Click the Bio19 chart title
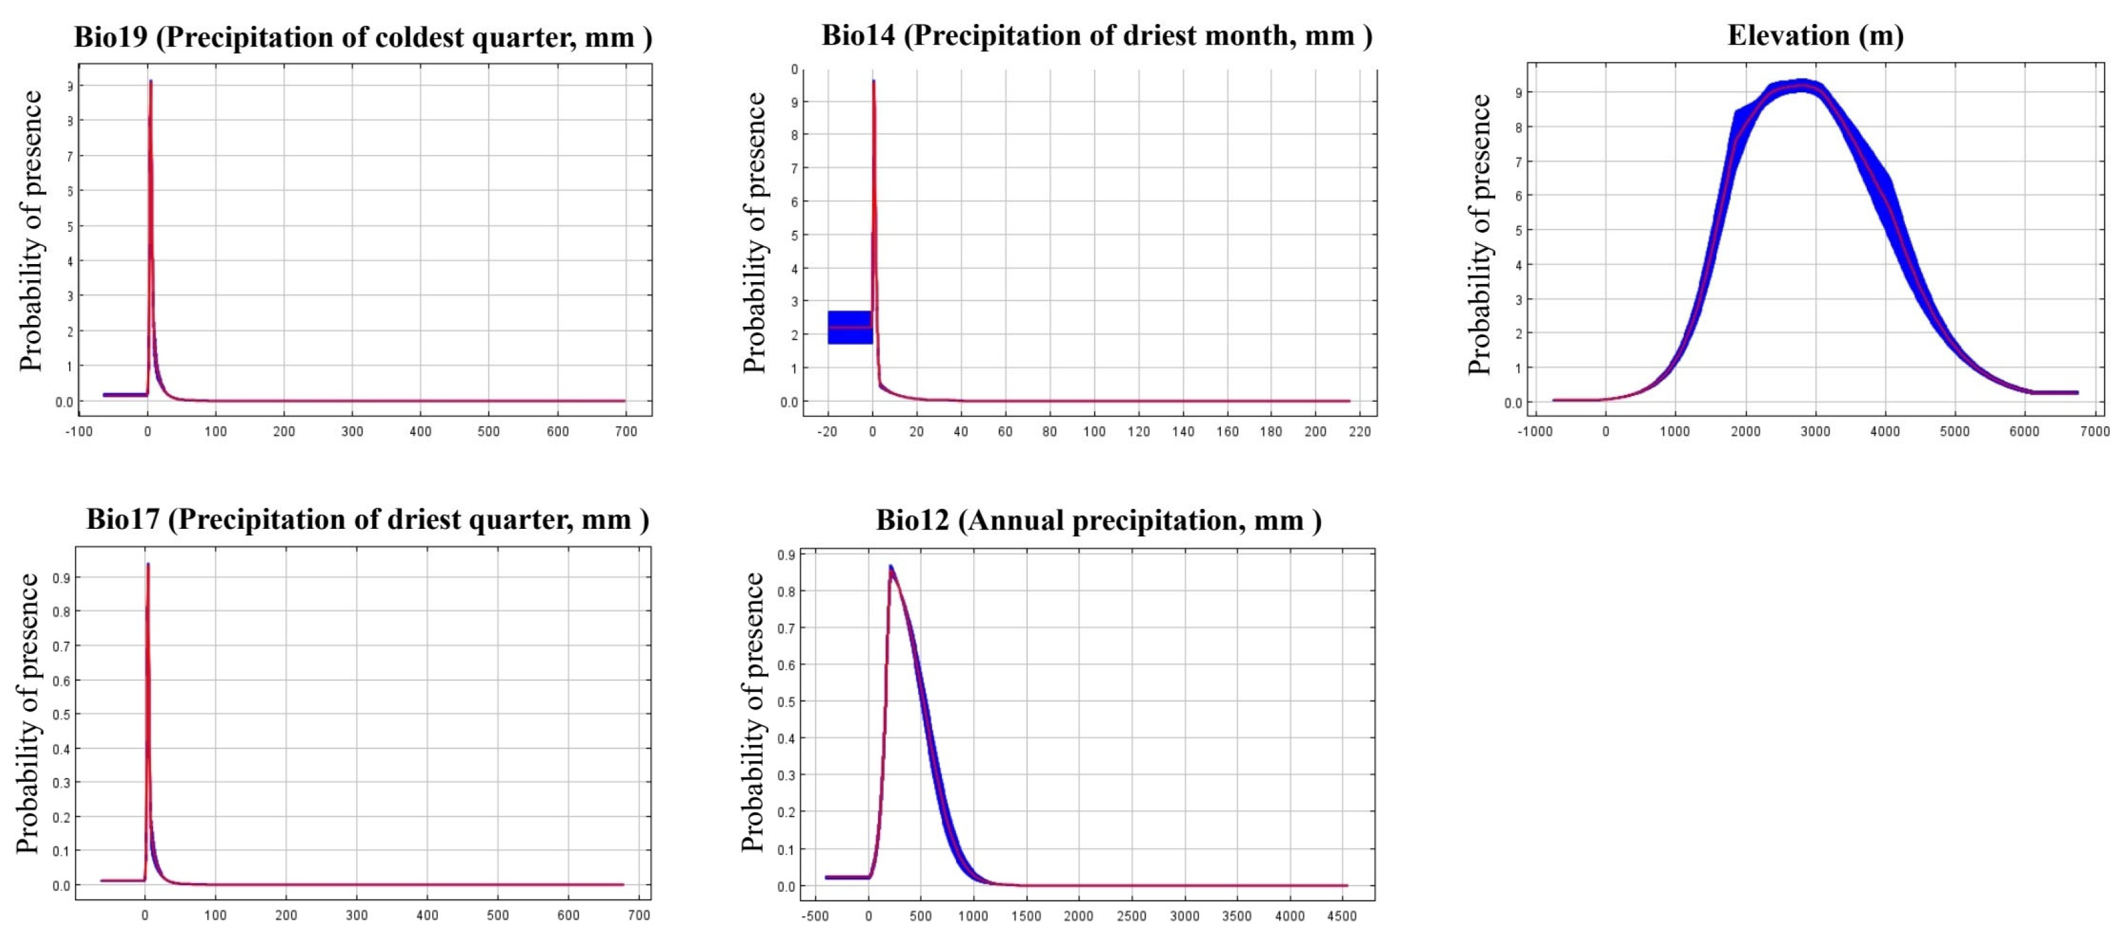(x=363, y=38)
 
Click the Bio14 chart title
(x=1097, y=36)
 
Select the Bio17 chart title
(x=368, y=520)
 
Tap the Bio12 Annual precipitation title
(x=1098, y=521)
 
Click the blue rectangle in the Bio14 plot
(x=849, y=327)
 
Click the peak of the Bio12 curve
(x=891, y=567)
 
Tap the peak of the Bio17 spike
(x=147, y=566)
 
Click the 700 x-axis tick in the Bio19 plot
(x=626, y=431)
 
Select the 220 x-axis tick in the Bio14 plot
(x=1360, y=431)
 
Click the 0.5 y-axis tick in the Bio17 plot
(x=61, y=715)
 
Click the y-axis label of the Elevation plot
(x=1481, y=234)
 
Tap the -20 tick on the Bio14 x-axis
(x=826, y=431)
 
